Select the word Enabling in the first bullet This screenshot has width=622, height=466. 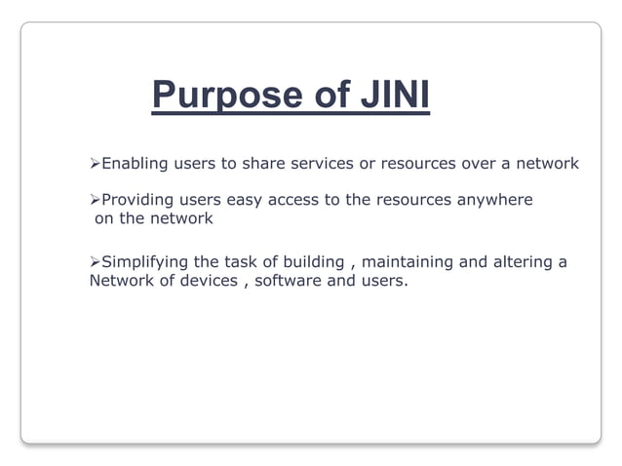coord(135,163)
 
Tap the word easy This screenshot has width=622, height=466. coord(246,200)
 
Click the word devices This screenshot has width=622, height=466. coord(200,282)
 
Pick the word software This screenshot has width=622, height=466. coord(288,282)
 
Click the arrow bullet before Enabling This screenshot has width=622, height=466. coord(95,163)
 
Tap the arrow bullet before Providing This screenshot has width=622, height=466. coord(95,200)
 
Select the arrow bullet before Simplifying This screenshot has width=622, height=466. coord(95,262)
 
